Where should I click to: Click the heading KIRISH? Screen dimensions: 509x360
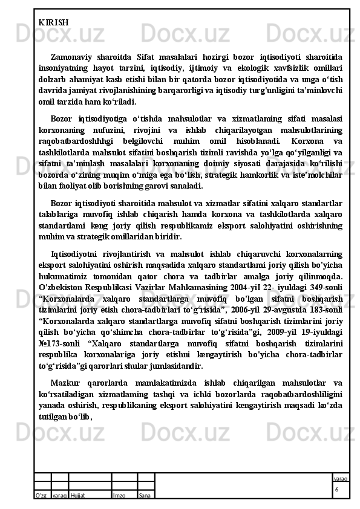tap(53, 22)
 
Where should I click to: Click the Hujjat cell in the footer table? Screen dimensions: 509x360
tap(77, 495)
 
